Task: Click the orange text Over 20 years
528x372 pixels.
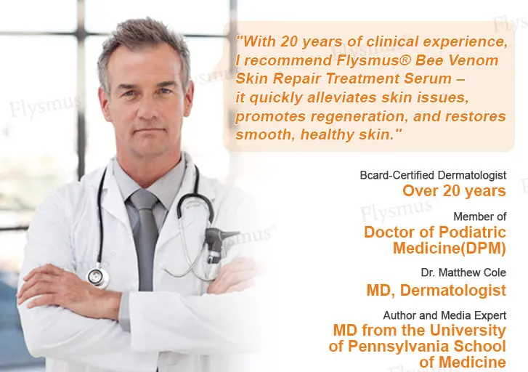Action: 454,191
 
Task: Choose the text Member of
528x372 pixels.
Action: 480,217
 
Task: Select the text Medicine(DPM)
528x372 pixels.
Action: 450,248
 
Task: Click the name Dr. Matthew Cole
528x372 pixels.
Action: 463,272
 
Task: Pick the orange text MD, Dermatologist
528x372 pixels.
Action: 436,290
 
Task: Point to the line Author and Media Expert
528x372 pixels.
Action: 444,315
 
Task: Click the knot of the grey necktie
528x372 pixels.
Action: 144,200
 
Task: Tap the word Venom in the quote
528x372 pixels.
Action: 474,60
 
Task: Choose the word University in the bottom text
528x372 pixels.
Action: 468,330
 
